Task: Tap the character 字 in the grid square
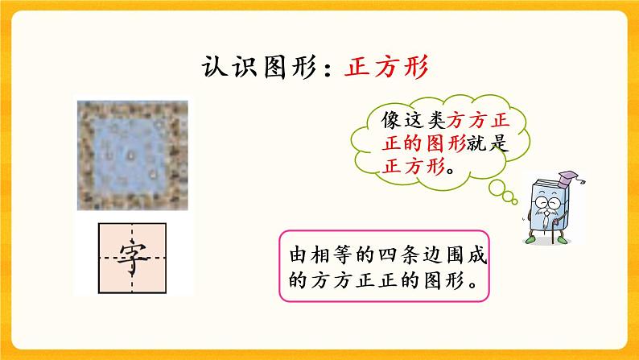click(132, 259)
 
